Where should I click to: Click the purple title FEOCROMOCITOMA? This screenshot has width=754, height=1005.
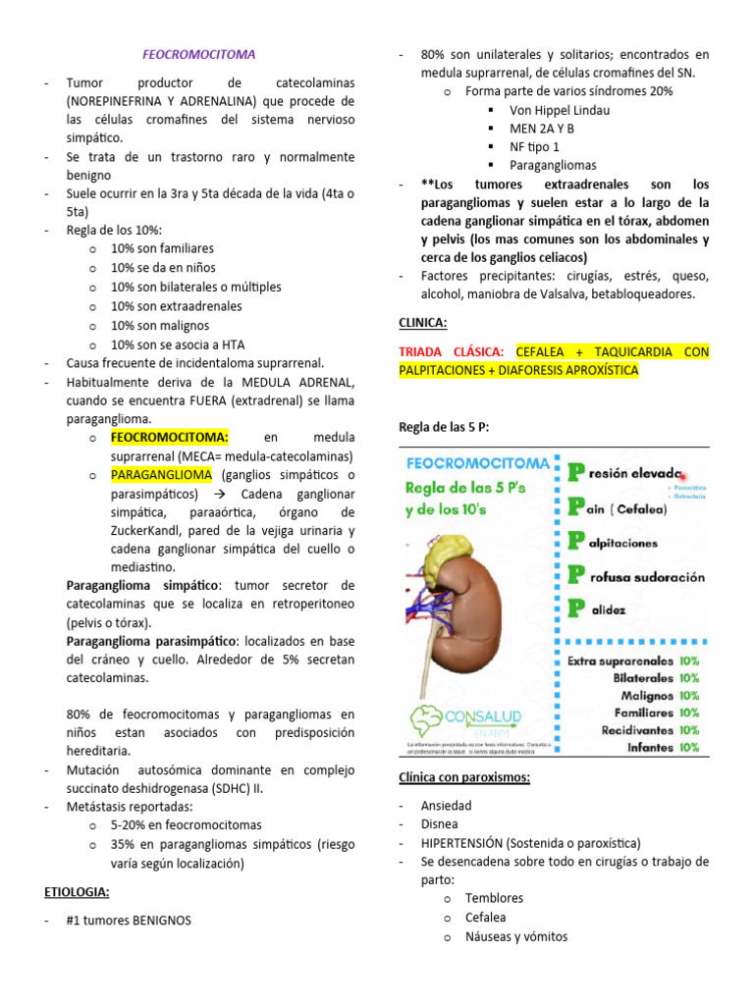click(198, 55)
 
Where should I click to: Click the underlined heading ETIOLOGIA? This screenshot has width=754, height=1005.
click(77, 892)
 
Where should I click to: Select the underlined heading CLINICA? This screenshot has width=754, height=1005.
click(423, 322)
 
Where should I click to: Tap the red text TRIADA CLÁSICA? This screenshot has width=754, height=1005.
click(452, 351)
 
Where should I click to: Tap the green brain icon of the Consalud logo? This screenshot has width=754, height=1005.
click(431, 722)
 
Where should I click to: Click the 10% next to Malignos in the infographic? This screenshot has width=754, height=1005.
click(688, 695)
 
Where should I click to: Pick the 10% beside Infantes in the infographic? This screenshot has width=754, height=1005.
click(688, 747)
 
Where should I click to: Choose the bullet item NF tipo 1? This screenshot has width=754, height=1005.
click(535, 146)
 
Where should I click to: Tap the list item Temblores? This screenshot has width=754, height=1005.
click(494, 898)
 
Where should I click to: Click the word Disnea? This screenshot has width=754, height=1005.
click(439, 824)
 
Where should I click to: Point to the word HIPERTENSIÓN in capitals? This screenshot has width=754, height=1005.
click(462, 843)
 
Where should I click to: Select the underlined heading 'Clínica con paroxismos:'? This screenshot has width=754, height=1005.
click(463, 778)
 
